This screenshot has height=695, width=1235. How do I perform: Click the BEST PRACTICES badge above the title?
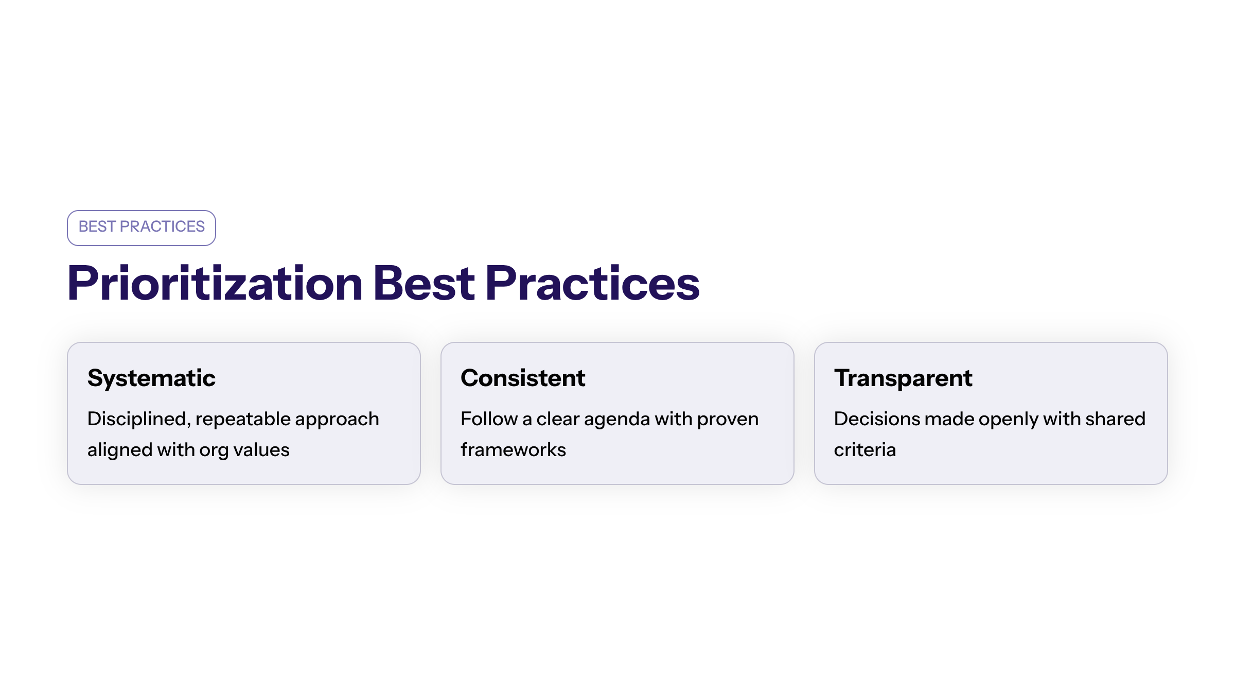coord(142,227)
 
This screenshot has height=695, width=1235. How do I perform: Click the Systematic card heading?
coord(151,378)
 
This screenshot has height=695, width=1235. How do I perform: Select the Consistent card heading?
coord(523,378)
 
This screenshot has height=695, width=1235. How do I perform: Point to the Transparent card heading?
coord(903,378)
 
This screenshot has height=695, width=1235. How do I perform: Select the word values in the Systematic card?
coord(261,450)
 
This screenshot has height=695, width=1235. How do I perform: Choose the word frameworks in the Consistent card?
coord(513,450)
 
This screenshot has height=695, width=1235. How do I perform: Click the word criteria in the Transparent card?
coord(865,450)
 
